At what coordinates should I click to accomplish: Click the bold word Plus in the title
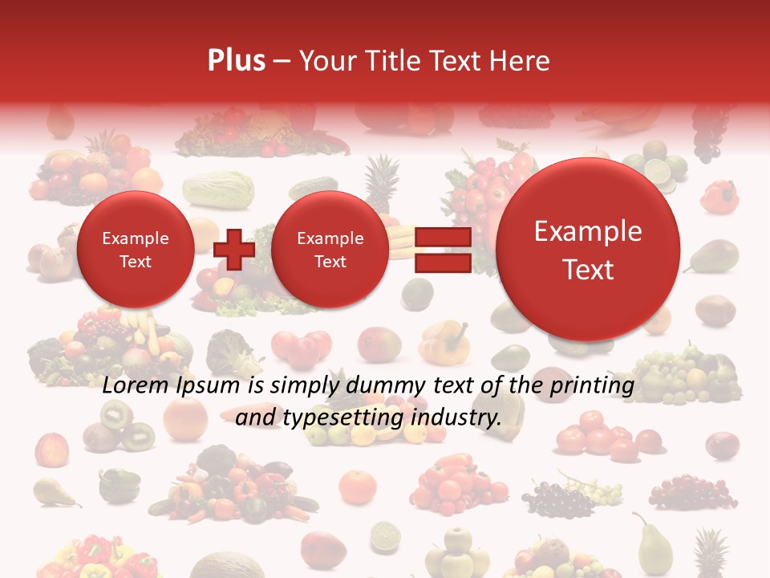click(237, 61)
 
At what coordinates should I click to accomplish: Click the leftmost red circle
click(135, 250)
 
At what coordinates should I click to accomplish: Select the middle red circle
click(330, 250)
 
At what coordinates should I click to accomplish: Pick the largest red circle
click(588, 250)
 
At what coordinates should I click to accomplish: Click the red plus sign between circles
click(234, 249)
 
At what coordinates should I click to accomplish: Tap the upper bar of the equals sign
click(442, 237)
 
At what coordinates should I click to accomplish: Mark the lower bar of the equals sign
click(442, 263)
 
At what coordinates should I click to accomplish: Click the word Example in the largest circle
click(588, 231)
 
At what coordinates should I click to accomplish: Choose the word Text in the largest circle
click(588, 270)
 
